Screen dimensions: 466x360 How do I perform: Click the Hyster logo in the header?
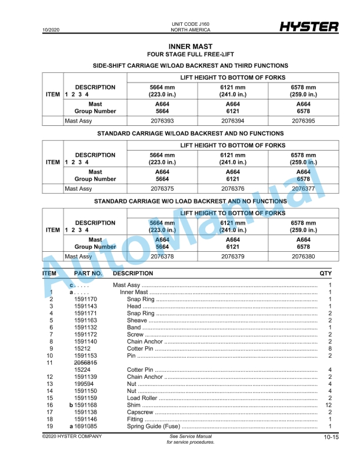point(308,27)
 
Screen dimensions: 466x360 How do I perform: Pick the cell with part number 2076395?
point(303,121)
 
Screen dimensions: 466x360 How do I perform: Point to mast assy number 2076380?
point(303,257)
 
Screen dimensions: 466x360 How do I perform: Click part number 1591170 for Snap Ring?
point(85,299)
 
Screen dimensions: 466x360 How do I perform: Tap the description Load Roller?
point(142,398)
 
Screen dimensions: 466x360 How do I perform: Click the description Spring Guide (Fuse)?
point(154,427)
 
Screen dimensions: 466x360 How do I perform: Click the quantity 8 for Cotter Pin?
point(329,349)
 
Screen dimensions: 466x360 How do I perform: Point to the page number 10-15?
point(331,438)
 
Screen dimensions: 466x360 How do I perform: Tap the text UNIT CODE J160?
point(190,24)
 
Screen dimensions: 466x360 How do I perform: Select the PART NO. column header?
point(88,274)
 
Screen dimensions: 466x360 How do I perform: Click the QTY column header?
point(325,274)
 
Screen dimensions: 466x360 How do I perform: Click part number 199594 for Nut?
point(84,384)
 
